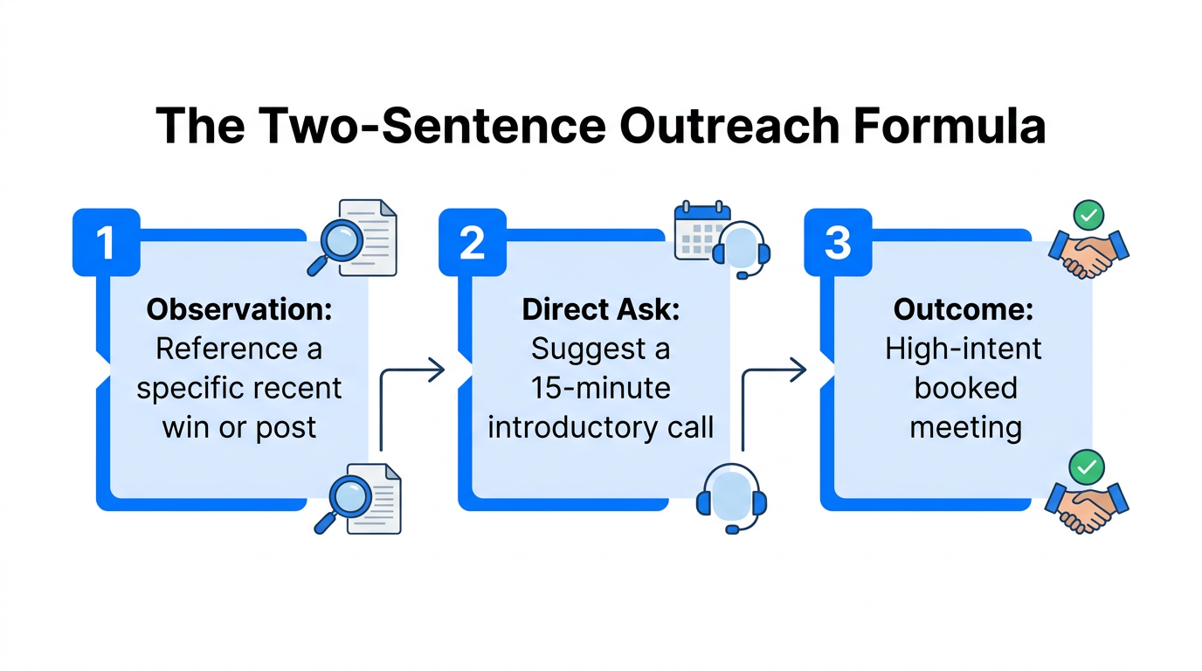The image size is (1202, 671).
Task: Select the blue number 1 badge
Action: [106, 243]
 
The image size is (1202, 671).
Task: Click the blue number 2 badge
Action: [472, 243]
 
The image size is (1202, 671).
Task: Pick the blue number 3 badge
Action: [838, 243]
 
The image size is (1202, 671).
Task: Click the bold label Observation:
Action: [238, 309]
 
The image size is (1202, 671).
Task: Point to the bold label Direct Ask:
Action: [600, 309]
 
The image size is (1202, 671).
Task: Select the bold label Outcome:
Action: [964, 309]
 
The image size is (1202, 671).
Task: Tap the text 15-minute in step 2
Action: [600, 388]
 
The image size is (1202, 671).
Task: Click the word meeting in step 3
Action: [964, 427]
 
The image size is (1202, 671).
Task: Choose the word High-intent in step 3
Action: [964, 349]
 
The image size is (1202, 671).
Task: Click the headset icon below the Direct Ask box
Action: [731, 499]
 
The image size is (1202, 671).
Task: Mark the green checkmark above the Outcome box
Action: [1088, 214]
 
